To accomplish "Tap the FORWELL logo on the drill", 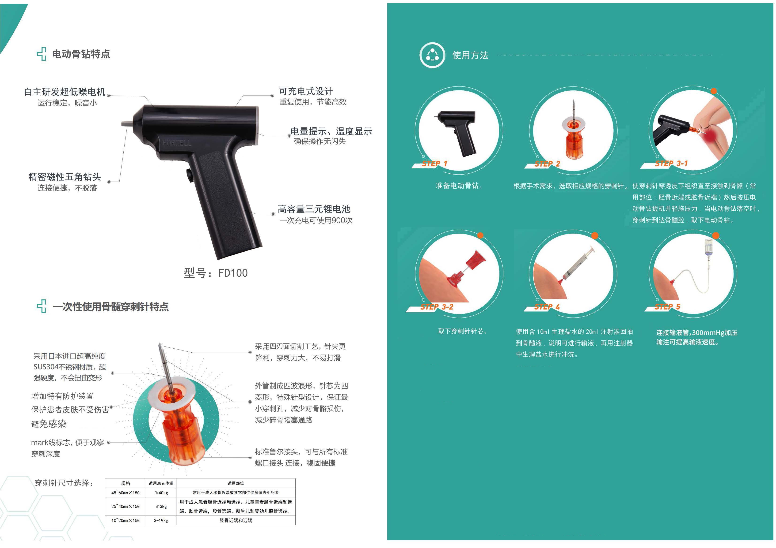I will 177,143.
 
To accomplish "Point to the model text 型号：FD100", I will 216,273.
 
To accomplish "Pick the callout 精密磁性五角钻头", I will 65,177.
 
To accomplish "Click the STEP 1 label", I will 434,164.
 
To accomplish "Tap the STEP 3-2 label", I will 437,307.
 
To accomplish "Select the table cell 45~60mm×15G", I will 126,493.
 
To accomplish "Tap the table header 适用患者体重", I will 161,483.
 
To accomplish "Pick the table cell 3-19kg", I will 161,520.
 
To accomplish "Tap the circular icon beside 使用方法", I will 432,55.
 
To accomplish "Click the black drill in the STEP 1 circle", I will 458,130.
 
